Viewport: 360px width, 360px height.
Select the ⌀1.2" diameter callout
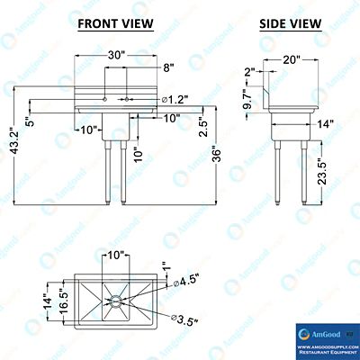click(174, 98)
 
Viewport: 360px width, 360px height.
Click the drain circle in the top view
click(116, 299)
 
